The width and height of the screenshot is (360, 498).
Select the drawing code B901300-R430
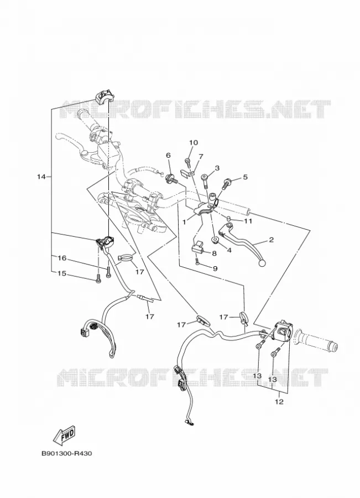tap(67, 453)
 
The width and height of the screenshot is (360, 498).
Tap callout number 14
tap(41, 177)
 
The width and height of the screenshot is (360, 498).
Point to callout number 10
tap(194, 143)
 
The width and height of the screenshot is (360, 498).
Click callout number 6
tap(168, 155)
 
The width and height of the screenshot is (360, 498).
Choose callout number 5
tap(245, 177)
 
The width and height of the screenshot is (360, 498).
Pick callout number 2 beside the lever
tap(271, 240)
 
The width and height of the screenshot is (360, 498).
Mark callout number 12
tap(279, 402)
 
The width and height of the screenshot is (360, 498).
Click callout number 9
tap(215, 269)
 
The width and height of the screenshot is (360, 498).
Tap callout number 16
tap(62, 258)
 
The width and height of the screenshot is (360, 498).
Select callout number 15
tap(62, 273)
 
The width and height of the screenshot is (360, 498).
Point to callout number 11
tap(248, 221)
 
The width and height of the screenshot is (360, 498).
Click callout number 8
tap(214, 253)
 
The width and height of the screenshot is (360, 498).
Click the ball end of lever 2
tap(262, 263)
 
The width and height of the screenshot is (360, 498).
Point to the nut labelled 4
tap(215, 240)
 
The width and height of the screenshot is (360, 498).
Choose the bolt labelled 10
tap(187, 163)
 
